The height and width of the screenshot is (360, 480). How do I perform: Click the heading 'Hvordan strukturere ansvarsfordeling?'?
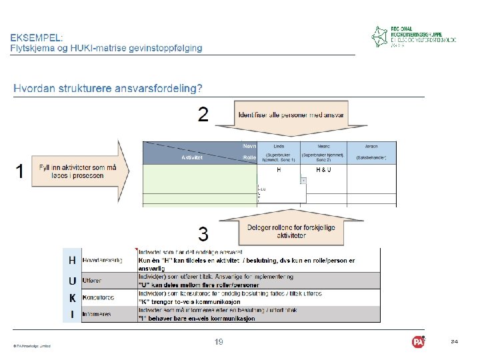click(x=109, y=88)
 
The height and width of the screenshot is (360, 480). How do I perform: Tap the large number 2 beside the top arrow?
click(x=204, y=115)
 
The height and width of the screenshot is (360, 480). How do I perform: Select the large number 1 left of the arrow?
click(x=20, y=172)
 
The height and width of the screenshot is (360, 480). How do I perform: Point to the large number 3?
click(x=203, y=234)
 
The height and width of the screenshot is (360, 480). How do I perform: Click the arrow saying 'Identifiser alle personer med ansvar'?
click(x=291, y=115)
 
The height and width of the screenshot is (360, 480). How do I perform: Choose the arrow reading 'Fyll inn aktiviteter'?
click(x=77, y=171)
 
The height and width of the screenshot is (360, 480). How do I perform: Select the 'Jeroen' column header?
click(x=371, y=145)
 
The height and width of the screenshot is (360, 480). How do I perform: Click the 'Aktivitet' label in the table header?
click(x=192, y=158)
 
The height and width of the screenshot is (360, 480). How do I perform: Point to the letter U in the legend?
click(x=72, y=281)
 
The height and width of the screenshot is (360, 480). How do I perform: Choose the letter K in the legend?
click(x=72, y=298)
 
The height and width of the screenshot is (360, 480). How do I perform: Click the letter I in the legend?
click(x=72, y=313)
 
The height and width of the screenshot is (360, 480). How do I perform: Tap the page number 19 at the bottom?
click(x=219, y=342)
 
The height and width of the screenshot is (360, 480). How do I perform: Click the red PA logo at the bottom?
click(x=418, y=342)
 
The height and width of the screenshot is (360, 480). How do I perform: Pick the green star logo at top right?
click(x=380, y=37)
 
